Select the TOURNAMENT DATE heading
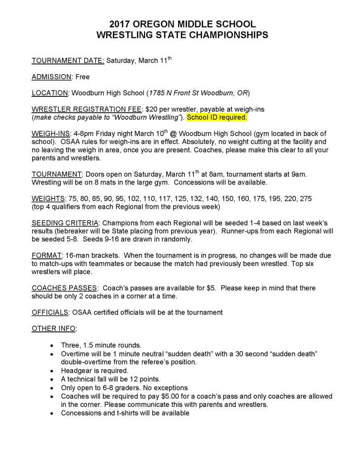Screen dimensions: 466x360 (x=68, y=60)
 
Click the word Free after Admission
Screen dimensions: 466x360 (x=82, y=77)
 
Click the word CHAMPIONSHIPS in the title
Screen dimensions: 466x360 (x=228, y=35)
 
